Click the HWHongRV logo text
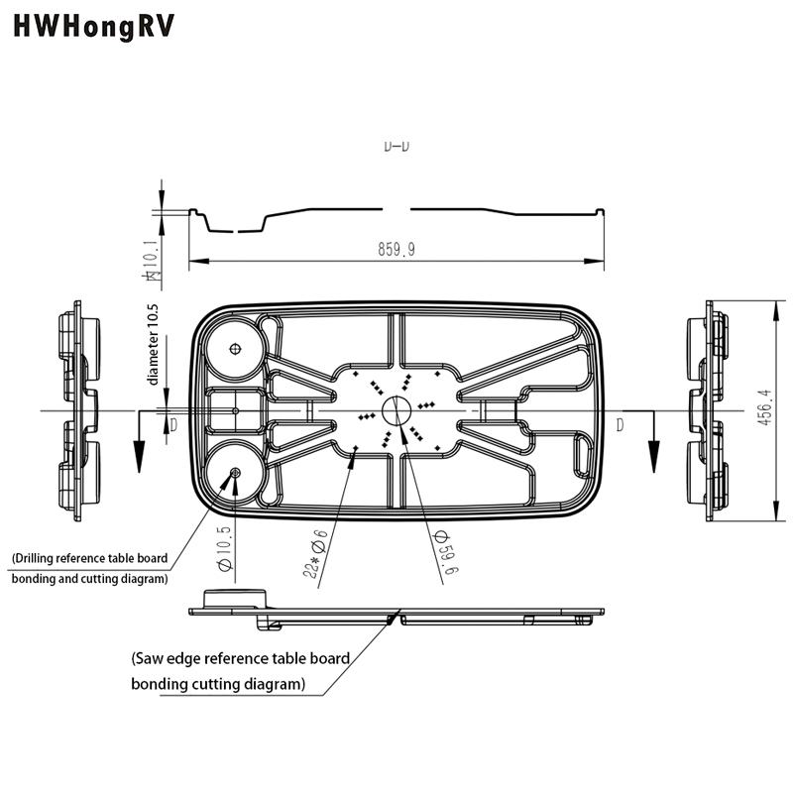[x=94, y=27]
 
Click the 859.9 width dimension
[x=396, y=250]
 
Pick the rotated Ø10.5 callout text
[x=224, y=551]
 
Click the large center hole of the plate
[x=396, y=409]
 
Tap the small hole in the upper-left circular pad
[x=236, y=348]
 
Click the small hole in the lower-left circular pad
[x=236, y=474]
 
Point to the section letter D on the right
[x=621, y=425]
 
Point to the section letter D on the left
[x=173, y=425]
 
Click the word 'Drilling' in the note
[x=38, y=558]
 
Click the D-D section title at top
[x=396, y=147]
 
